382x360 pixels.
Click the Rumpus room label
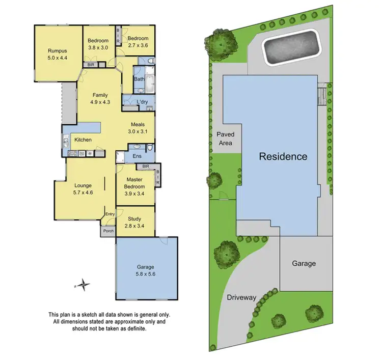[x=58, y=50]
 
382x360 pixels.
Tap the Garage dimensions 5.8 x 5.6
[x=145, y=273]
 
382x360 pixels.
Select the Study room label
[x=134, y=219]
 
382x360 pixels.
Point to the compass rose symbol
[x=84, y=286]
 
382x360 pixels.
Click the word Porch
[x=108, y=231]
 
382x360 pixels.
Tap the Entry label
[x=110, y=214]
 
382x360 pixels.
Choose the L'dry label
[x=142, y=102]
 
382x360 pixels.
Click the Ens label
[x=137, y=156]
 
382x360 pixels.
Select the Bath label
[x=139, y=79]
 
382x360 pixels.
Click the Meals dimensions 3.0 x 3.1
[x=138, y=131]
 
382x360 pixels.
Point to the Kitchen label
[x=83, y=140]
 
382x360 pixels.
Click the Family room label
[x=100, y=95]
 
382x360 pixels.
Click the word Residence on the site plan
[x=283, y=156]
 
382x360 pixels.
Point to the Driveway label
[x=241, y=297]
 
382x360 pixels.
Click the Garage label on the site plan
[x=304, y=263]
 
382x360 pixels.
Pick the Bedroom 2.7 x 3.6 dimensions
[x=138, y=45]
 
